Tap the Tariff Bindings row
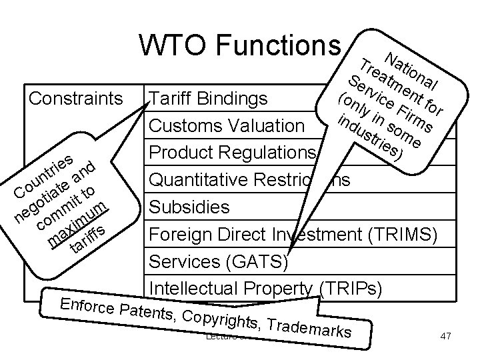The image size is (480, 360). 209,99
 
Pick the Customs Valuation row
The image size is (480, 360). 227,126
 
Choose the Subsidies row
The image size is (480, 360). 189,207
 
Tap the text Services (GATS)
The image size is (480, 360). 218,261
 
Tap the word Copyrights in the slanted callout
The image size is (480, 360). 215,318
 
